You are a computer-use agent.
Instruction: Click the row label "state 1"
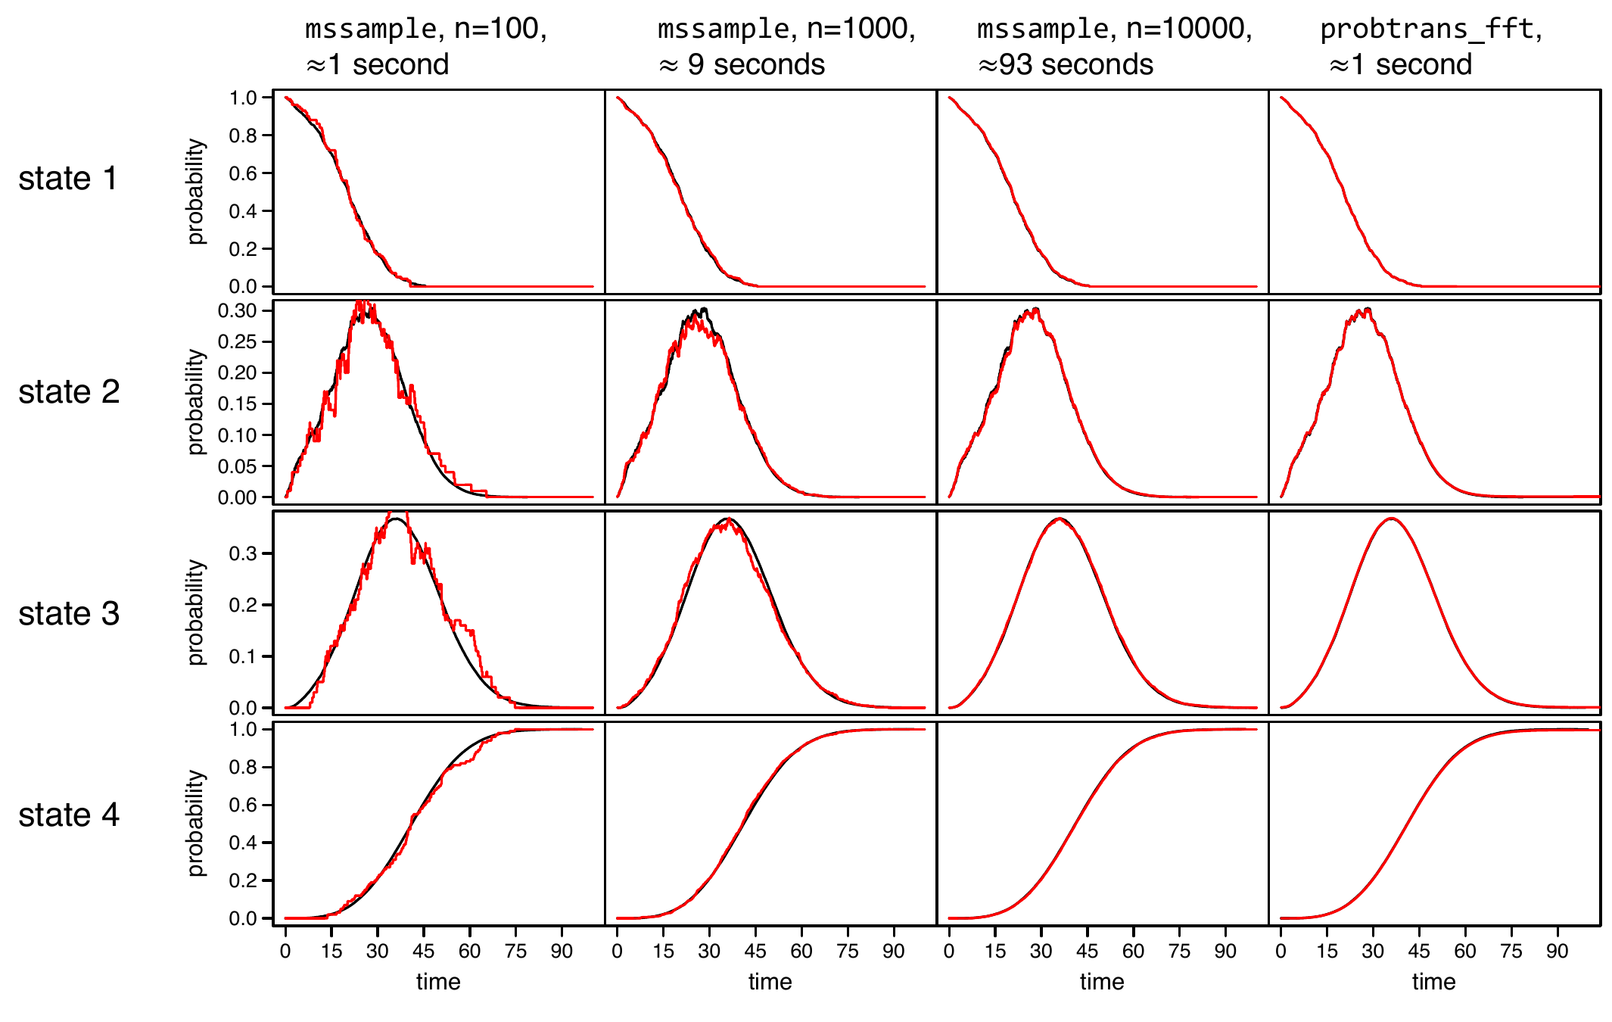point(68,179)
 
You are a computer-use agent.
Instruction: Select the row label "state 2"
point(69,392)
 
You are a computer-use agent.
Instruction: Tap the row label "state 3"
point(69,614)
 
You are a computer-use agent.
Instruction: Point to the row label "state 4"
point(69,815)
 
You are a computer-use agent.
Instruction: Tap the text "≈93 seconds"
point(1065,65)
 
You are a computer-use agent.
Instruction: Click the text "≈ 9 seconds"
point(741,65)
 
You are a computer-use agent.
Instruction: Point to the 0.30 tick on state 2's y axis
point(237,310)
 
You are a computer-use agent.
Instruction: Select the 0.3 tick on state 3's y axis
point(243,553)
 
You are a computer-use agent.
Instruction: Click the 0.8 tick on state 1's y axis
point(243,136)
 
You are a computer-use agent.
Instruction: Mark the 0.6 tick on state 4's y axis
point(243,805)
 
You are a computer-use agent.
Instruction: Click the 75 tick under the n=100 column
point(515,952)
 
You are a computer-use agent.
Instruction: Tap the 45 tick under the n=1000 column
point(755,952)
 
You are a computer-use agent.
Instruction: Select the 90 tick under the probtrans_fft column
point(1557,952)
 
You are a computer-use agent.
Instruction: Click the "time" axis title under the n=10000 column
point(1102,982)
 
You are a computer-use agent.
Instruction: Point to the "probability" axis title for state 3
point(196,612)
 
